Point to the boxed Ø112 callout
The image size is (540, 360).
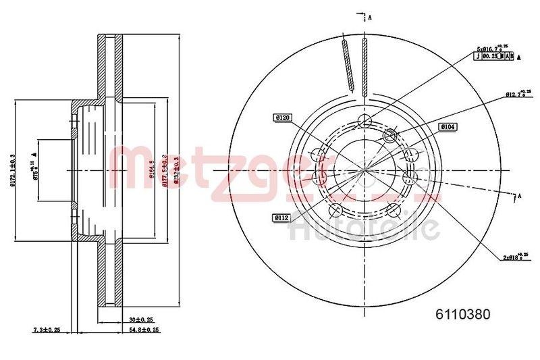(x=282, y=217)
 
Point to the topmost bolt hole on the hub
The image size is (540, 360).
(x=365, y=121)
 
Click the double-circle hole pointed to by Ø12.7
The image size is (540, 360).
(x=390, y=137)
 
